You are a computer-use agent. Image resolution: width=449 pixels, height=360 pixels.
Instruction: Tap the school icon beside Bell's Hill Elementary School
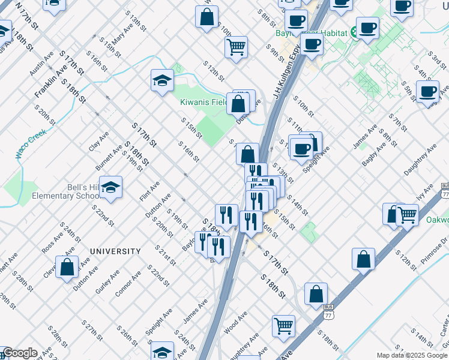(111, 188)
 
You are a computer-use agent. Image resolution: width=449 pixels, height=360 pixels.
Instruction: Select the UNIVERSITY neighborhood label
(115, 251)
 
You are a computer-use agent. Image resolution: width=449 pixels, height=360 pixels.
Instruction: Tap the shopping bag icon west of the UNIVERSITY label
(67, 268)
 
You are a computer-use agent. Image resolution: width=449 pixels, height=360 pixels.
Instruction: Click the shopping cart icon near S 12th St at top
(237, 47)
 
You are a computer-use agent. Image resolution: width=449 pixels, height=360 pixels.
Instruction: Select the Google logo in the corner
(20, 353)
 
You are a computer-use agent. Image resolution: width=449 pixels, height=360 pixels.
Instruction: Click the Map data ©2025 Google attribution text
(411, 355)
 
